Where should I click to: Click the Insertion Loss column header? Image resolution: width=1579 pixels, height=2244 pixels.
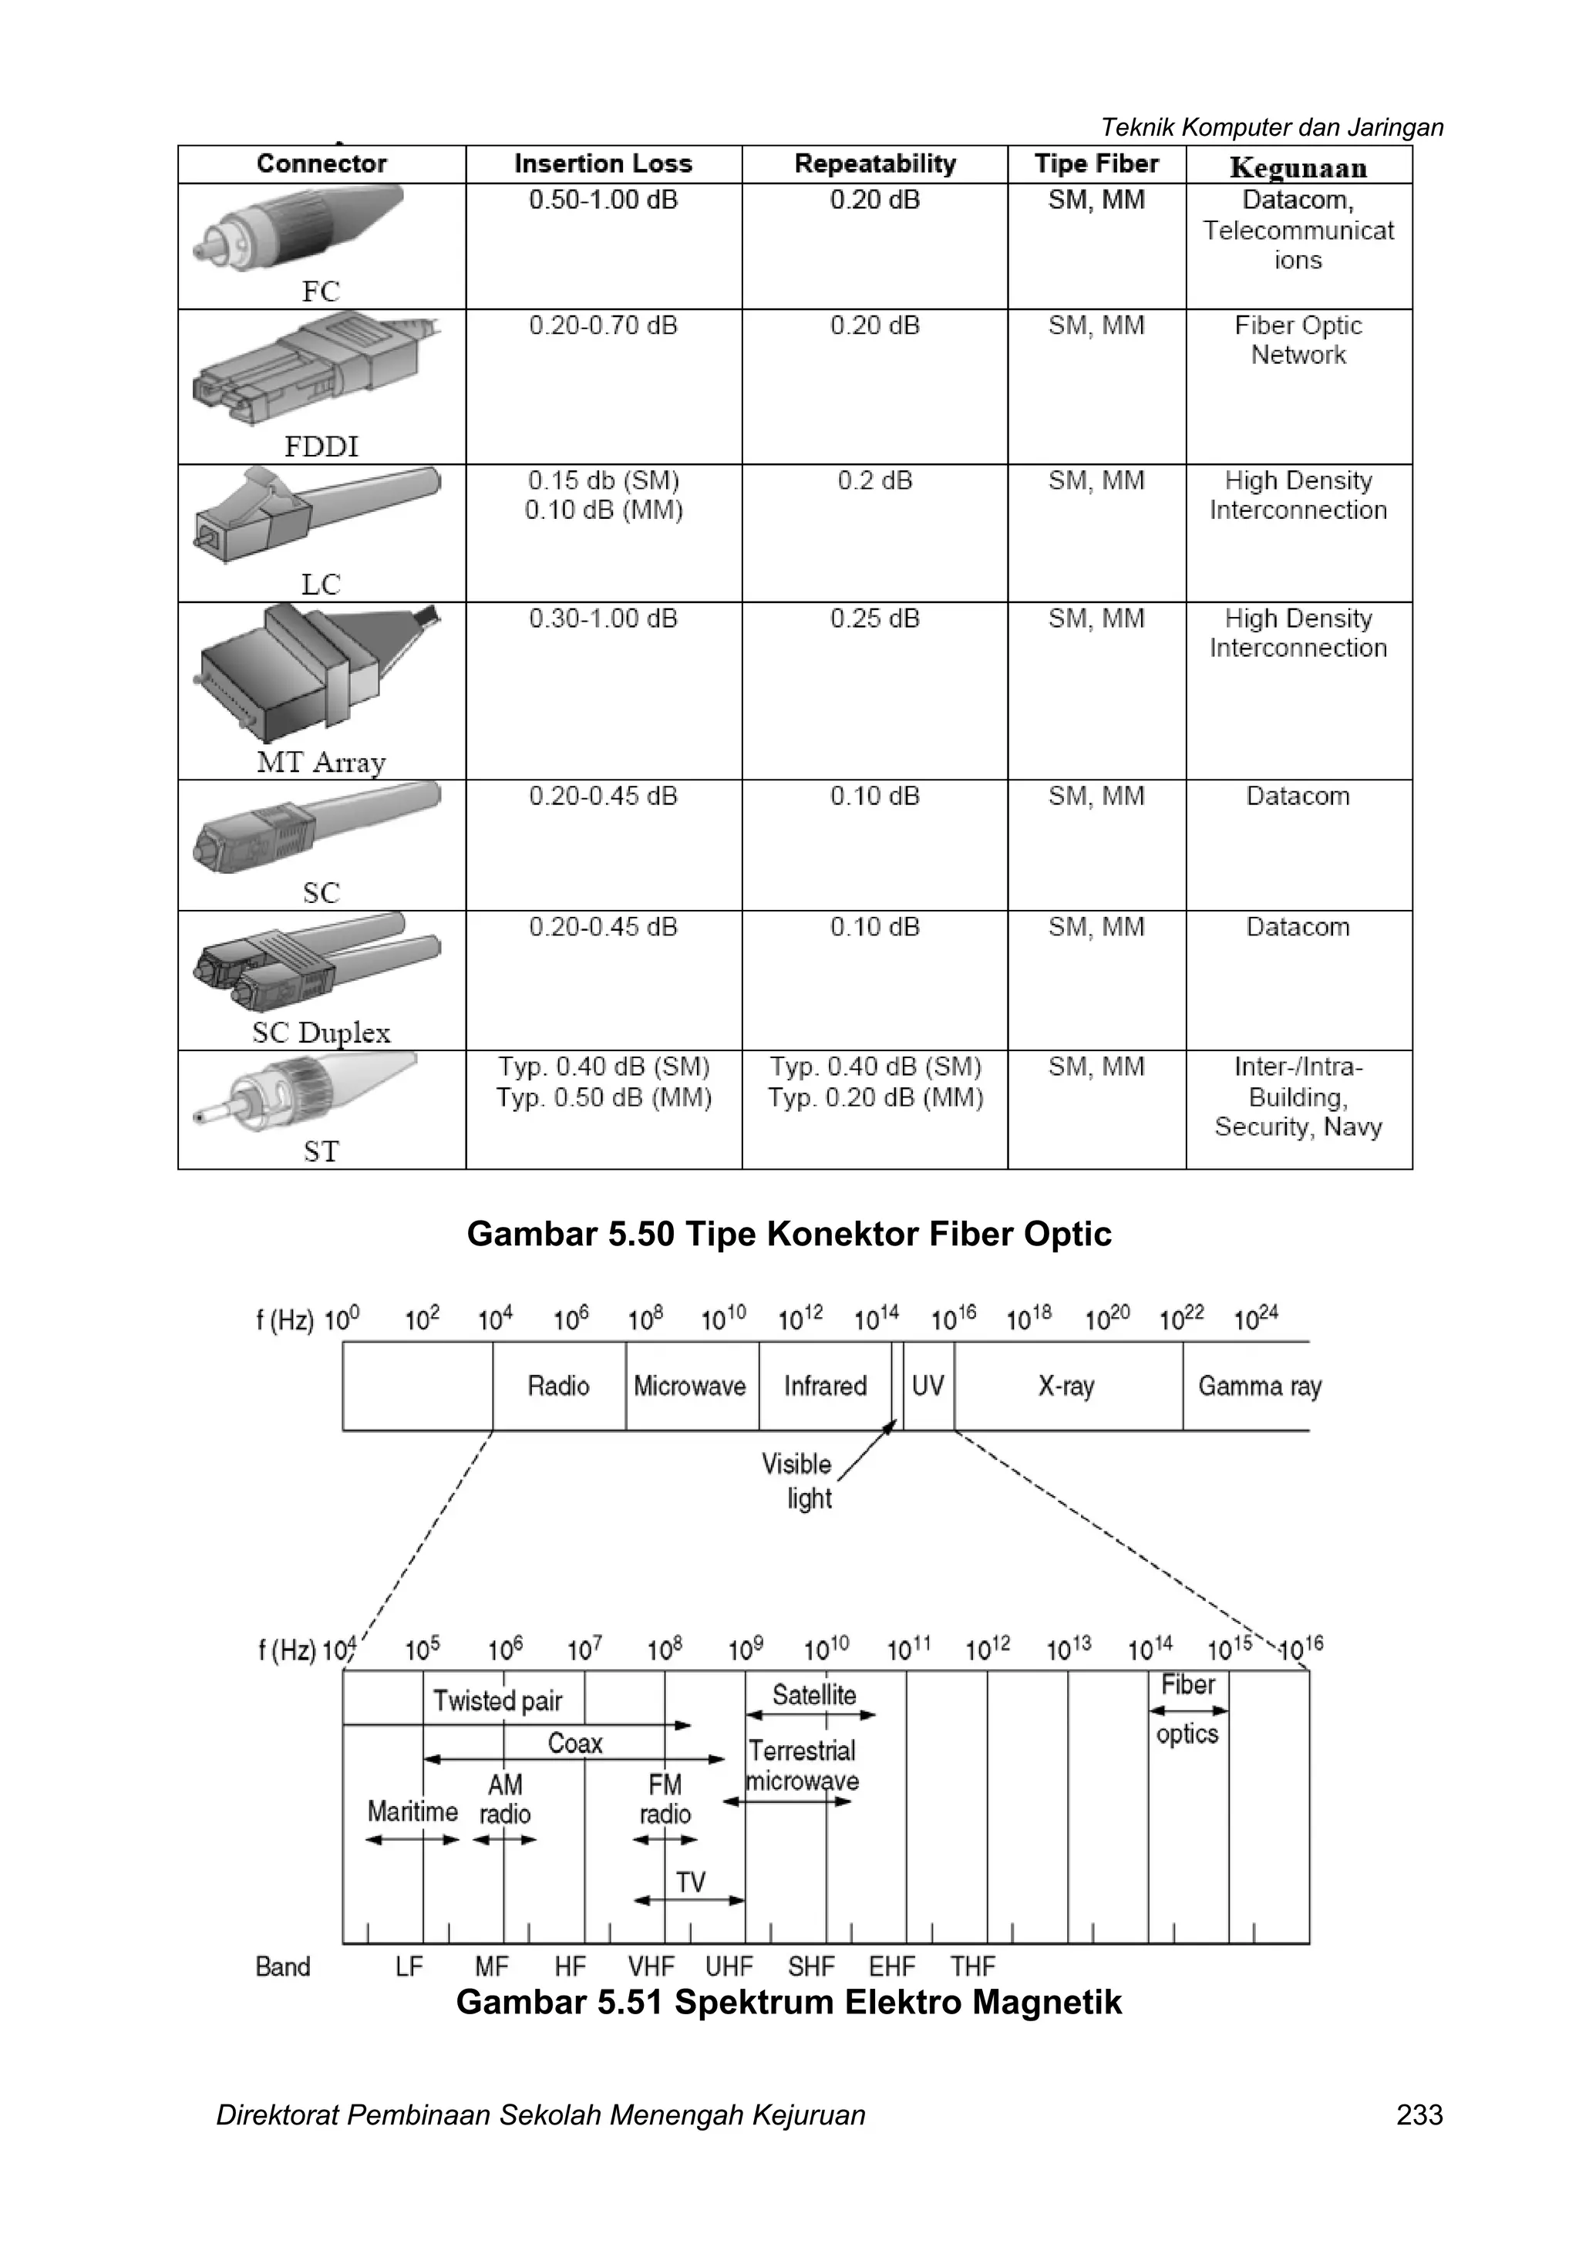603,164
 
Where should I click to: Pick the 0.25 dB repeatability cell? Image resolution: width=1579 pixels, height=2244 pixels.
874,618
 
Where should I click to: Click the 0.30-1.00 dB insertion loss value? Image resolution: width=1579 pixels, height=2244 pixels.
603,618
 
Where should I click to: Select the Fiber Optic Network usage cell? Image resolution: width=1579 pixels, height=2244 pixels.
1298,340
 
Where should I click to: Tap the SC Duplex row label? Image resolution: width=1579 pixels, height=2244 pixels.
321,1032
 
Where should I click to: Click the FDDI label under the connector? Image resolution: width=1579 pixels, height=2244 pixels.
321,446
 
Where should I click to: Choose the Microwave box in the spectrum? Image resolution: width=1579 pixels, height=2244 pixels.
690,1386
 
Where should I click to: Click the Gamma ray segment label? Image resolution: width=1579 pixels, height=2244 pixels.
1260,1386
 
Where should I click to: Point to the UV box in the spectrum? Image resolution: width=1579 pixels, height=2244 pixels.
928,1386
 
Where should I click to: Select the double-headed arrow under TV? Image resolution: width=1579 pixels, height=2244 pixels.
690,1900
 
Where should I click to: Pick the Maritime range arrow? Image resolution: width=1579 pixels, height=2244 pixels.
412,1839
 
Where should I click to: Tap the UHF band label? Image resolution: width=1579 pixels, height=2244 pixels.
729,1966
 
